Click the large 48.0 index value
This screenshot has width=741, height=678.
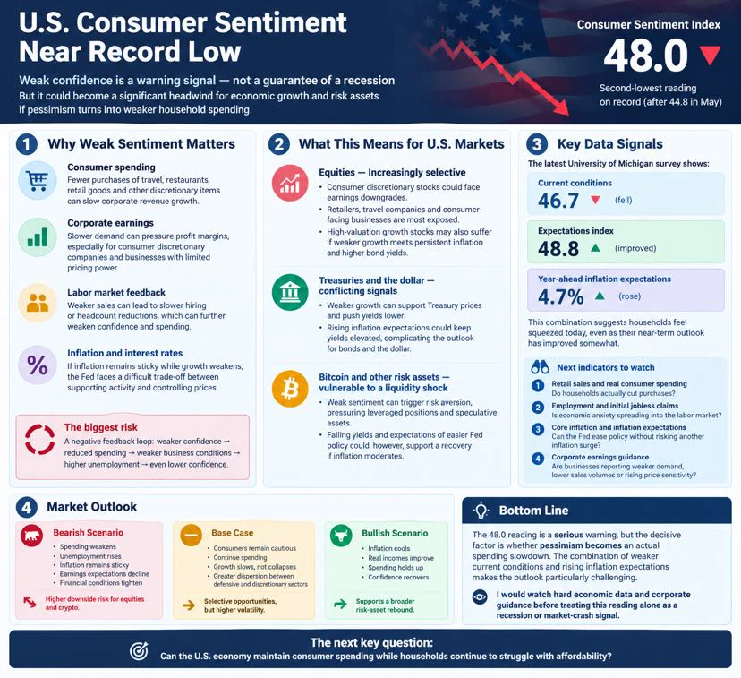click(645, 56)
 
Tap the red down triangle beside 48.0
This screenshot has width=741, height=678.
click(711, 55)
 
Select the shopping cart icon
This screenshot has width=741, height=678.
click(38, 180)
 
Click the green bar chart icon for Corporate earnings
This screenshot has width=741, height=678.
click(38, 236)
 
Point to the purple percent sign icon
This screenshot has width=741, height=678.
click(38, 365)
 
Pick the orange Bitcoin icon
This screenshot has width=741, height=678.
click(290, 389)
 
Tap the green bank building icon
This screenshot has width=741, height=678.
click(290, 292)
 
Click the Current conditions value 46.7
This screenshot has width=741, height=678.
click(558, 201)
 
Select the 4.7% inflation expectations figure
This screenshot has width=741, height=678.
click(561, 297)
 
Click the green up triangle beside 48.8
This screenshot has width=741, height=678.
click(595, 248)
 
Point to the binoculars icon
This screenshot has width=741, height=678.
click(540, 367)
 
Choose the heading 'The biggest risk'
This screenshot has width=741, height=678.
click(100, 427)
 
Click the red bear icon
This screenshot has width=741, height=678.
click(32, 536)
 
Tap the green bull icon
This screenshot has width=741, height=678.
click(341, 536)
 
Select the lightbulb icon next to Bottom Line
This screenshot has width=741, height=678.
click(481, 511)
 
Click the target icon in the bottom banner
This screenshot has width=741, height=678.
click(139, 650)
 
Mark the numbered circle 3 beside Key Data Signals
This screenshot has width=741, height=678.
click(537, 143)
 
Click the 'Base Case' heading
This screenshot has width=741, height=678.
click(232, 533)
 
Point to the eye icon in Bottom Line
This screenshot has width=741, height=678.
click(480, 596)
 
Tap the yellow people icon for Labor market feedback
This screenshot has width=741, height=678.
click(38, 303)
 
